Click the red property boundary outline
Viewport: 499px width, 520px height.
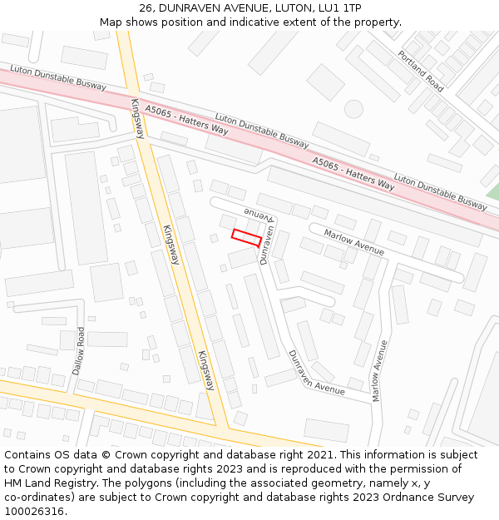pos(246,236)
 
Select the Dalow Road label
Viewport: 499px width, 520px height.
pos(79,349)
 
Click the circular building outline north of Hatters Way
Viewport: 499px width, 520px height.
pos(353,108)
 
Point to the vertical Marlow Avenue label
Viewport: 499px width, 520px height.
pos(379,371)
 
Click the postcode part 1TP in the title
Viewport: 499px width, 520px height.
pos(351,7)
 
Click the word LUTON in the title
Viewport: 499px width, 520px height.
pos(288,7)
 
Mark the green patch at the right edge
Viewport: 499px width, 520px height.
pos(492,192)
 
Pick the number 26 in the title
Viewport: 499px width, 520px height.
pos(146,7)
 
